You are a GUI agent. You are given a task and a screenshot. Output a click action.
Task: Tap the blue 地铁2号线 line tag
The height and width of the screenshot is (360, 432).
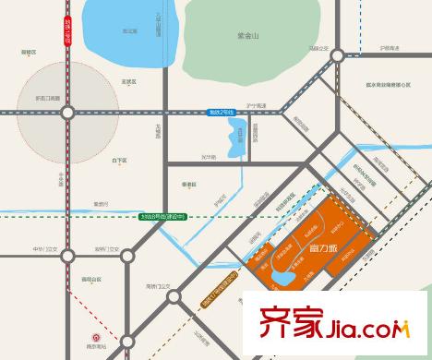222,112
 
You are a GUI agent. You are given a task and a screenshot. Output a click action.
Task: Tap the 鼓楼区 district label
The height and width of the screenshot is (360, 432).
28,53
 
